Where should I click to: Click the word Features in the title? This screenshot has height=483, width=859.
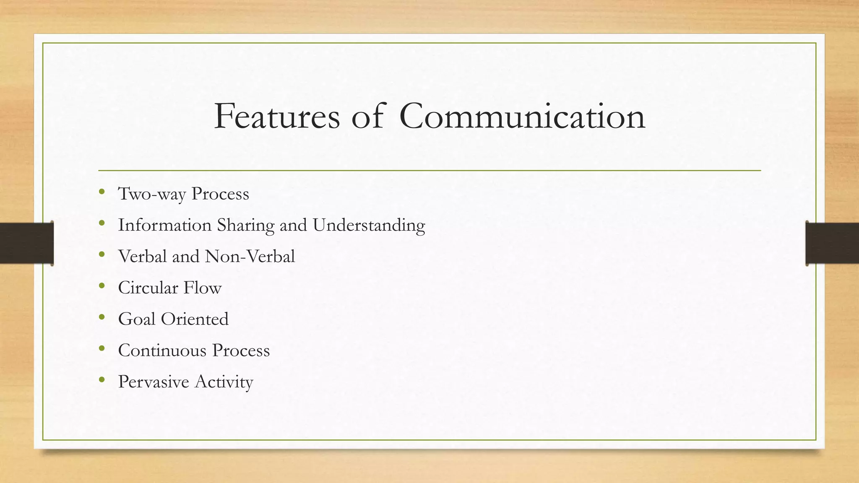point(277,116)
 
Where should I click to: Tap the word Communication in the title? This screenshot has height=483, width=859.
point(522,116)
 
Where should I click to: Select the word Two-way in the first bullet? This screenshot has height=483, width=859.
point(151,194)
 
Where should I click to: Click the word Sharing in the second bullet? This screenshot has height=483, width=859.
point(245,225)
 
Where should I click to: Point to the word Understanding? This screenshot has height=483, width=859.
point(369,225)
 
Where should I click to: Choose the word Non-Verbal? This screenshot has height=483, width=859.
point(250,256)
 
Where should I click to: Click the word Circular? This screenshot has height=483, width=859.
point(148,288)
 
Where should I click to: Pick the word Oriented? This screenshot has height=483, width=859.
point(195,319)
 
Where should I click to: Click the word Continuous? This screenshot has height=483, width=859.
point(162,351)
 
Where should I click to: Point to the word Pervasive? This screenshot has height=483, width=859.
point(154,382)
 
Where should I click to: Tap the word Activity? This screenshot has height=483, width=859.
point(224,382)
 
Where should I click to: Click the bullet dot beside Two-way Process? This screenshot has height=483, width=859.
point(102,192)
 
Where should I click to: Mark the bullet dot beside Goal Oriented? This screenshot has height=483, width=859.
point(102,317)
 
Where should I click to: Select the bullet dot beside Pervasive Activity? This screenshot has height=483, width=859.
point(102,380)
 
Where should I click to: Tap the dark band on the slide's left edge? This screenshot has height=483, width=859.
point(26,243)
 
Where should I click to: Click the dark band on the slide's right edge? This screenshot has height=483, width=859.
point(832,243)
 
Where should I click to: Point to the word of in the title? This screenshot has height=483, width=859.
point(367,116)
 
